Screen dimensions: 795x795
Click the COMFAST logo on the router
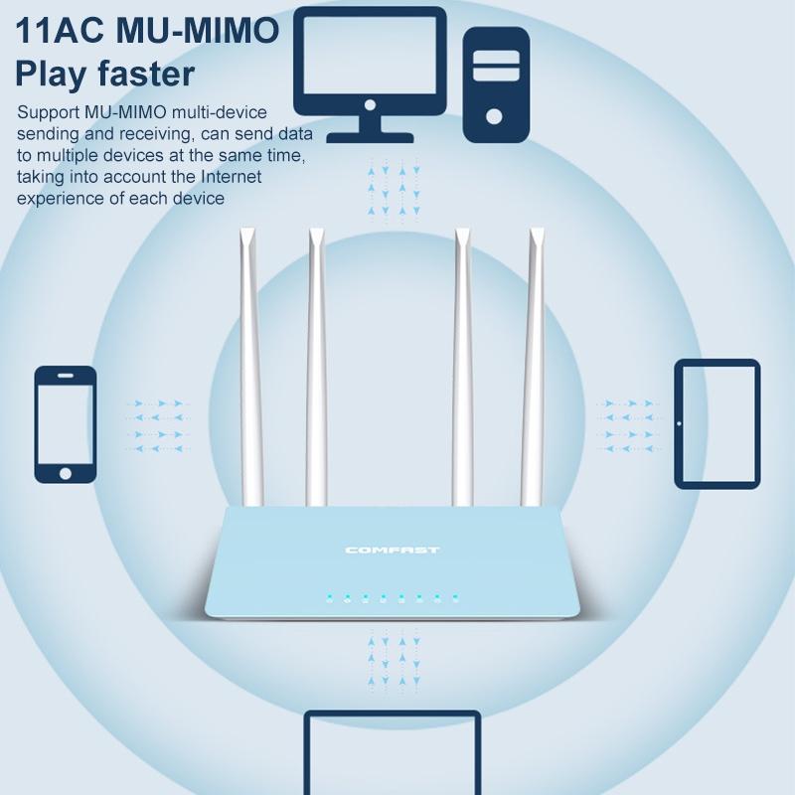pyautogui.click(x=392, y=551)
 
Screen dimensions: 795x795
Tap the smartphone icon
pyautogui.click(x=66, y=424)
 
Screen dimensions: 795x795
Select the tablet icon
pyautogui.click(x=716, y=424)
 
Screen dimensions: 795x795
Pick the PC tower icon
pyautogui.click(x=496, y=84)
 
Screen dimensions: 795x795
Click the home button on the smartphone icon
pyautogui.click(x=66, y=474)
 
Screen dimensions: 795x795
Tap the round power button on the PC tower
pyautogui.click(x=494, y=116)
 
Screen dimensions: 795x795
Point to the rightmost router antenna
pyautogui.click(x=534, y=367)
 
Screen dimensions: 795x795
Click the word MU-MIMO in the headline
pyautogui.click(x=198, y=31)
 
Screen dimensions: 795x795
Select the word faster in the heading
pyautogui.click(x=146, y=74)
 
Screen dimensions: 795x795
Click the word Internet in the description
pyautogui.click(x=232, y=177)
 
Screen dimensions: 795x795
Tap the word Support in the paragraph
pyautogui.click(x=49, y=112)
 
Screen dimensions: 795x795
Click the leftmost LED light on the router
pyautogui.click(x=330, y=597)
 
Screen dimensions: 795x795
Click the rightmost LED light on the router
pyautogui.click(x=455, y=597)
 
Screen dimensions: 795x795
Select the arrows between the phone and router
pyautogui.click(x=158, y=426)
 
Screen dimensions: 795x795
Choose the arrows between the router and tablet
pyautogui.click(x=629, y=426)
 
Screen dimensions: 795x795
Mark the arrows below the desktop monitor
pyautogui.click(x=394, y=190)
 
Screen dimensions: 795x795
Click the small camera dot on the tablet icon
pyautogui.click(x=680, y=423)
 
